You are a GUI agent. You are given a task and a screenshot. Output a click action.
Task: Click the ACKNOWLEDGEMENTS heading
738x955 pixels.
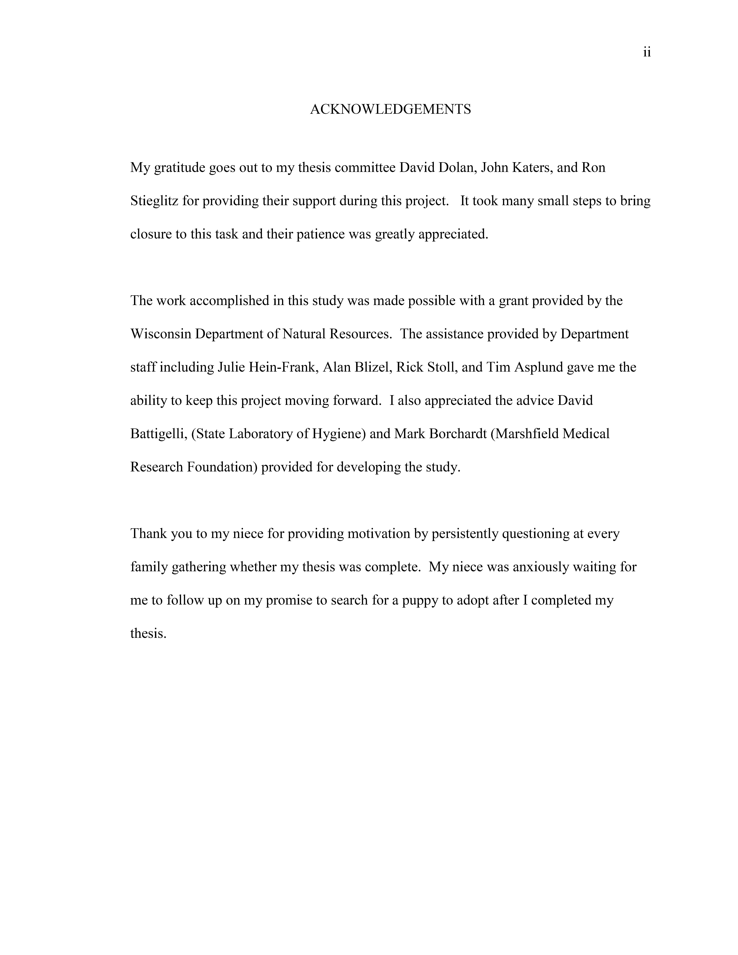click(x=390, y=109)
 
